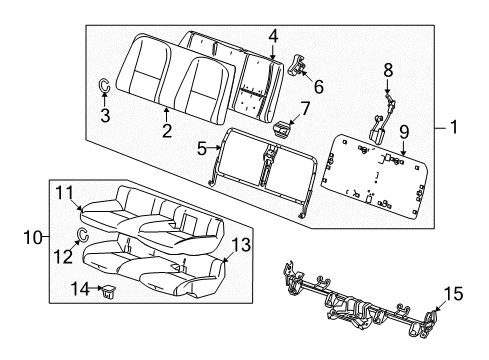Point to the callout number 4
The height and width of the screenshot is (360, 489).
pyautogui.click(x=272, y=37)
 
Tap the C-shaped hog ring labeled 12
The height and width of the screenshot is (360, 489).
pyautogui.click(x=84, y=236)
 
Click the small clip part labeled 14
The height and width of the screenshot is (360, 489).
pyautogui.click(x=107, y=291)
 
